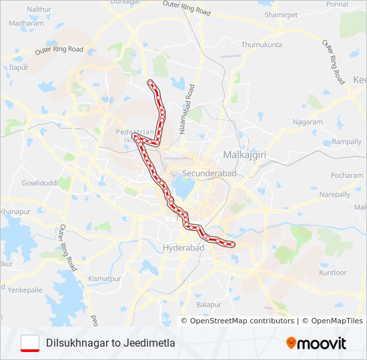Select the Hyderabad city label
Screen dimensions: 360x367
pyautogui.click(x=183, y=247)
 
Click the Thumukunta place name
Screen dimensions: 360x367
pyautogui.click(x=262, y=45)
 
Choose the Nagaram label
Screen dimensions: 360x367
pyautogui.click(x=308, y=122)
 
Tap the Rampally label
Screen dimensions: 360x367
pyautogui.click(x=347, y=142)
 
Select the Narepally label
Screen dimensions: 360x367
pyautogui.click(x=334, y=195)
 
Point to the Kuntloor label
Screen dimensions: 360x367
pyautogui.click(x=333, y=273)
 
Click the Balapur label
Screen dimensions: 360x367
pyautogui.click(x=209, y=304)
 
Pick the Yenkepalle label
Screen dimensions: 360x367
pyautogui.click(x=25, y=290)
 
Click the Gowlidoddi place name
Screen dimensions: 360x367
pyautogui.click(x=40, y=182)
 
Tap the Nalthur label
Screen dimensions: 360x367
pyautogui.click(x=39, y=9)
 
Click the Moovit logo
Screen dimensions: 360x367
pyautogui.click(x=316, y=343)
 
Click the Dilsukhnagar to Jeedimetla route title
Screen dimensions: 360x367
pyautogui.click(x=111, y=343)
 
